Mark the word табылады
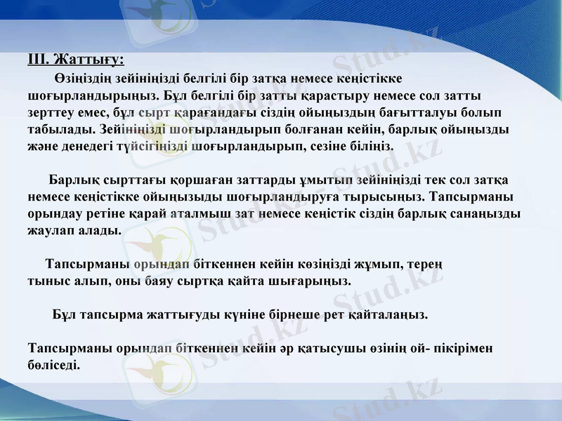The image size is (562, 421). [58, 129]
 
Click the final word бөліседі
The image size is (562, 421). [53, 365]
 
